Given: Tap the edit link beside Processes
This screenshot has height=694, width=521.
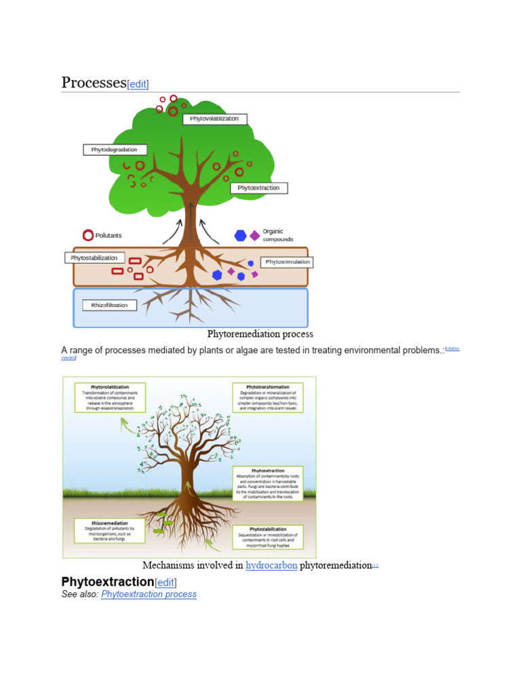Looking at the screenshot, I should (138, 84).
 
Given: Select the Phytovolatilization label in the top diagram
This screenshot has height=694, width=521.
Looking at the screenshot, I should (214, 119).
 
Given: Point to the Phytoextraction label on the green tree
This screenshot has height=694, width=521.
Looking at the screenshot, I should (258, 188).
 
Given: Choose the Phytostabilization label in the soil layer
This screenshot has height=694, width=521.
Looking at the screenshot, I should (94, 258).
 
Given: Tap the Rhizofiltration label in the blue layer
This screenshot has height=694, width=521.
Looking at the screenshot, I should (109, 305).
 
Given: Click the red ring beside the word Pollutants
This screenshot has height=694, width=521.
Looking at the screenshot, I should (88, 235).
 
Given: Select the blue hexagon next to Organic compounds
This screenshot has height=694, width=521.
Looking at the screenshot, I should (240, 235).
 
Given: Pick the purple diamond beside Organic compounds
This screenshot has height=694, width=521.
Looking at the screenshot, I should (254, 235).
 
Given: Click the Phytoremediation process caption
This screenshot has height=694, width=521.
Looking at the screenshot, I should (260, 334).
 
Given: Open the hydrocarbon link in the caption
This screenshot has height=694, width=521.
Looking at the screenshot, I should (271, 565).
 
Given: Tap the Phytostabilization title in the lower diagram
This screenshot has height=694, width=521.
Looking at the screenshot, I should (267, 528).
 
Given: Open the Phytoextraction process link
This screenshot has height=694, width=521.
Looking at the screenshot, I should (149, 594).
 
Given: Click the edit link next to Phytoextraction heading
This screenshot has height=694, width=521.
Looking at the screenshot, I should (166, 582).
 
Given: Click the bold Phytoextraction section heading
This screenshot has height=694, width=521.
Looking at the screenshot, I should (107, 581).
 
